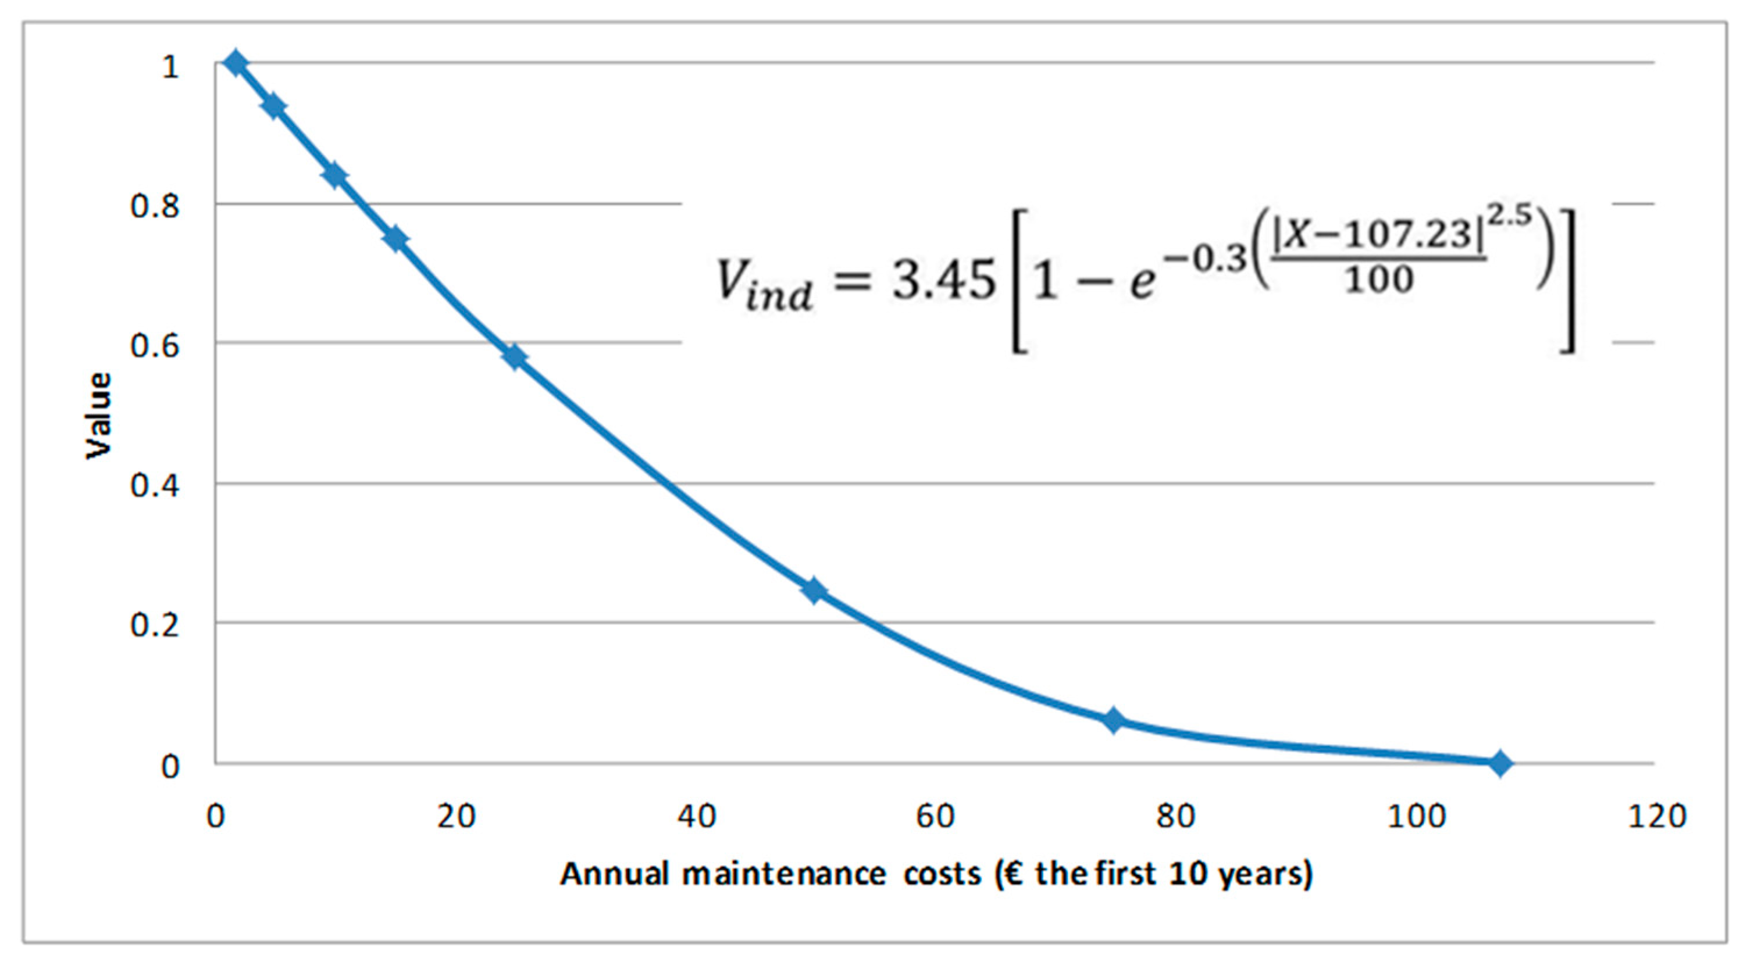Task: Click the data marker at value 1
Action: [x=236, y=63]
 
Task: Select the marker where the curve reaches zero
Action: [x=1499, y=763]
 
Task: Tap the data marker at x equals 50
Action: [x=814, y=591]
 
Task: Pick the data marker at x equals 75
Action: [x=1113, y=720]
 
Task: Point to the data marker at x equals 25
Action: [x=515, y=356]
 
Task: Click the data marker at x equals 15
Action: [x=395, y=239]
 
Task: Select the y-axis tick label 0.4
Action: [x=155, y=485]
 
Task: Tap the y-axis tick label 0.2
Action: [x=155, y=625]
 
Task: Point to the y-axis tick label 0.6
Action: [x=155, y=346]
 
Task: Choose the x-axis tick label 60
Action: [x=935, y=815]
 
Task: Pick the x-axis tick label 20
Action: [x=455, y=815]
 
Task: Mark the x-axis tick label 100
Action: [x=1416, y=815]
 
